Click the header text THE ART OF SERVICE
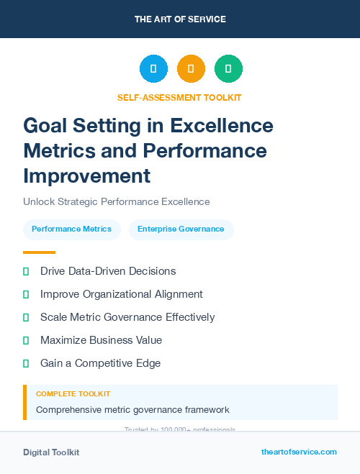[180, 19]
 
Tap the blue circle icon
[153, 69]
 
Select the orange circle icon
[191, 69]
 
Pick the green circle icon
[228, 69]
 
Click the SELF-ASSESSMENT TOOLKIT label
[179, 97]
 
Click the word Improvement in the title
[87, 176]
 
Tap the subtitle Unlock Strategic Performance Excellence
[116, 202]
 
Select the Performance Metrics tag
[71, 229]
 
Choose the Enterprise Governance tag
[181, 229]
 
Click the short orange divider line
[39, 252]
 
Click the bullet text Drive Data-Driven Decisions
[108, 271]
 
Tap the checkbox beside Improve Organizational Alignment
[26, 294]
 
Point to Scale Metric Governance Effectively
[127, 317]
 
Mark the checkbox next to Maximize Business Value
[26, 340]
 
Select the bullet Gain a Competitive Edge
[100, 363]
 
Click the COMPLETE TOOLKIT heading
[73, 394]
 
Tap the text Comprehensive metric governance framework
[132, 410]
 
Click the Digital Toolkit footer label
[51, 452]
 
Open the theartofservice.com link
[299, 452]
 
